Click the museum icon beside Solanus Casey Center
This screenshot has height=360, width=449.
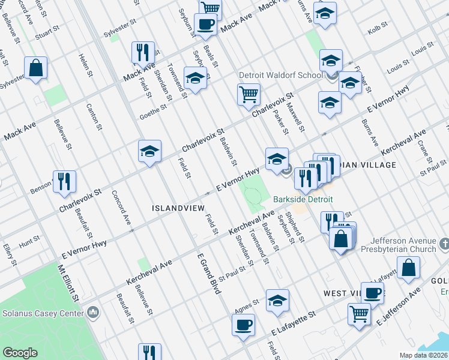93,313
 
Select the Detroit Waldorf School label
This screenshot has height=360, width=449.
280,76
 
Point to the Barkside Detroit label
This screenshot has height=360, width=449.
303,199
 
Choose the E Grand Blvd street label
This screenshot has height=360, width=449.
209,273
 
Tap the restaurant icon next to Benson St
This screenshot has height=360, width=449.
64,182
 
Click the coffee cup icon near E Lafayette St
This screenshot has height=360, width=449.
243,325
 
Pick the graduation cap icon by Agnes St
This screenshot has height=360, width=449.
277,301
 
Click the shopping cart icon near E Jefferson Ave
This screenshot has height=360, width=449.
359,313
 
